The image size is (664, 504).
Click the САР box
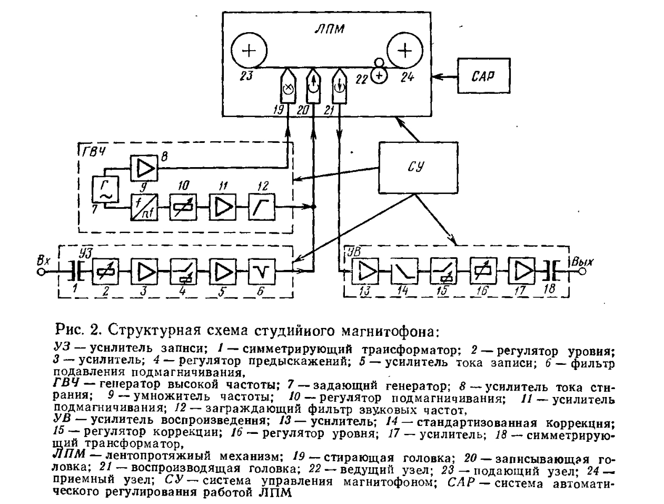point(483,76)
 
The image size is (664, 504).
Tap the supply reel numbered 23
point(250,51)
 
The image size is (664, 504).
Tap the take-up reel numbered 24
point(404,51)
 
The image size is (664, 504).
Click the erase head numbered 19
point(288,88)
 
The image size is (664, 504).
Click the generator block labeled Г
point(105,189)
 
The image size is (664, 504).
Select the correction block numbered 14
point(404,271)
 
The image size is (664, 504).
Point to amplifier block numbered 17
point(523,271)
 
